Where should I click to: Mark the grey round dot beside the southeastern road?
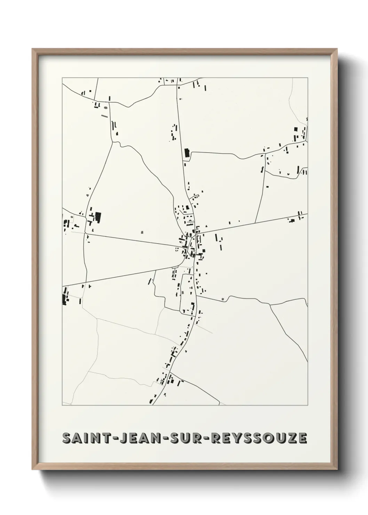point(223,299)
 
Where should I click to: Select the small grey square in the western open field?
point(142,232)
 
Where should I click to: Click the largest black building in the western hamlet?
point(98,217)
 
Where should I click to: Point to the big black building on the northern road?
point(186,153)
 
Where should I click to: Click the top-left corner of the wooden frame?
point(32,49)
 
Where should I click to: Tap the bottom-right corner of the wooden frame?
point(337,470)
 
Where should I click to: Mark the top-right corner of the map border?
point(308,78)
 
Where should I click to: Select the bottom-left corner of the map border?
point(62,405)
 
